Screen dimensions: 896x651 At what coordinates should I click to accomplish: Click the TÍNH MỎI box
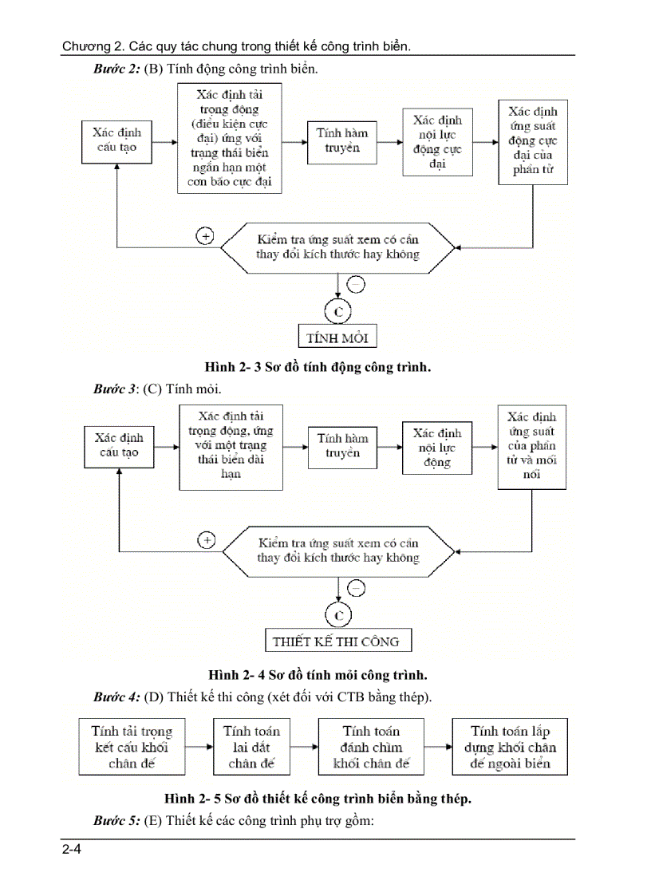click(x=337, y=337)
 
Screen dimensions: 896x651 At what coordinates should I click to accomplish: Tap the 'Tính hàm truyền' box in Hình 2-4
click(x=342, y=446)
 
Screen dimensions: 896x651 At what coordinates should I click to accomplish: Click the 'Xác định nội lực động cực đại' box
click(x=437, y=142)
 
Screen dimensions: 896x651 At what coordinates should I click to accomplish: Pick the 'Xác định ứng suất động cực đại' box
click(x=532, y=141)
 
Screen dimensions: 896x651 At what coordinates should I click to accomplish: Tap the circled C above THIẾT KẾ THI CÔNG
click(x=338, y=614)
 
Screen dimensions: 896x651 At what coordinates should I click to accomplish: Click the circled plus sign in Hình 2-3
click(x=205, y=236)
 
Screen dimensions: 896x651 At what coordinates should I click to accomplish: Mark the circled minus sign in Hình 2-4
click(x=357, y=589)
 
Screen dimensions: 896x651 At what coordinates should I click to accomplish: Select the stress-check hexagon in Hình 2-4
click(x=338, y=551)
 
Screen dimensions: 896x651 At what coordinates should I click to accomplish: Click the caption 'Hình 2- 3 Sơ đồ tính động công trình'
click(x=318, y=367)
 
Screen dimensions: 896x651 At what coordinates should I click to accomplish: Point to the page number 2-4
click(x=72, y=850)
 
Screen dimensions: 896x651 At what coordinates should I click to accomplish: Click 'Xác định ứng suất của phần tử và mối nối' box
click(x=532, y=446)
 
